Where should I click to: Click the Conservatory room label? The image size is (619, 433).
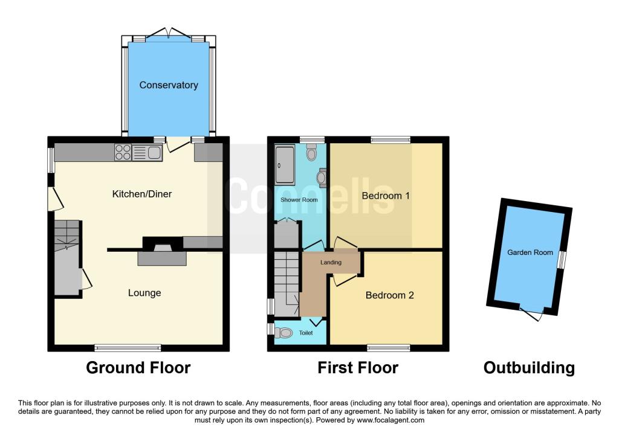click(x=169, y=85)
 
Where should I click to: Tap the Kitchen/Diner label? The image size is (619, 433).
click(x=142, y=194)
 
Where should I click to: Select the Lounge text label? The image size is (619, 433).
click(x=144, y=293)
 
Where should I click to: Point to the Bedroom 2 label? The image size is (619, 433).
click(x=389, y=295)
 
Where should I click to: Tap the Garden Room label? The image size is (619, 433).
click(x=530, y=252)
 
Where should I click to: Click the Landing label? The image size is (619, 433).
click(x=331, y=262)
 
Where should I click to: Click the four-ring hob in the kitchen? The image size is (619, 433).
click(x=123, y=152)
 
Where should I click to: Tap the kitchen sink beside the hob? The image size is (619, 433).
click(x=147, y=152)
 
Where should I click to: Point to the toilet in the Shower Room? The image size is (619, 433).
click(x=311, y=154)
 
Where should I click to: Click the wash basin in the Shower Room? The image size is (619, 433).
click(x=321, y=176)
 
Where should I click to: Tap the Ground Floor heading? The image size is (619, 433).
click(x=138, y=367)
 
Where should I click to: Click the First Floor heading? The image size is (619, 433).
click(x=358, y=367)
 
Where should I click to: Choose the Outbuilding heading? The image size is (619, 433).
click(x=529, y=367)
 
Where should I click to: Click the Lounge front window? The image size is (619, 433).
click(x=128, y=348)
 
